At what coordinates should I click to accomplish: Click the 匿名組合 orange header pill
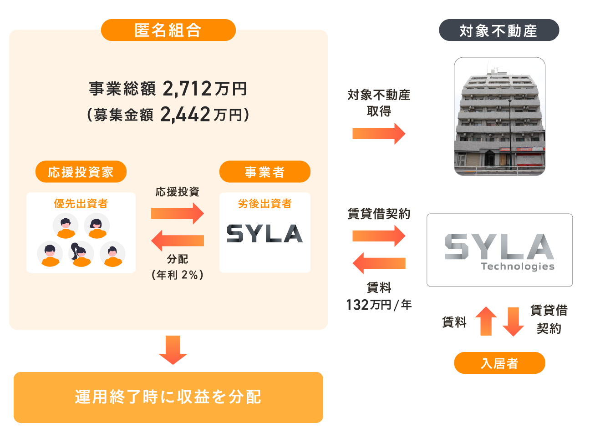tap(168, 30)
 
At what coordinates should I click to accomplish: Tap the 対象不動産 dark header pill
tap(498, 30)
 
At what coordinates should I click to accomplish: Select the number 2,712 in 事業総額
tap(187, 89)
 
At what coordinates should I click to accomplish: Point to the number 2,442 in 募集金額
tap(185, 115)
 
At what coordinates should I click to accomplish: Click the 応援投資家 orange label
tap(81, 172)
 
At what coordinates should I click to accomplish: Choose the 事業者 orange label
tap(264, 172)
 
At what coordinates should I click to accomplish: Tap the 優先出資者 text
tap(81, 203)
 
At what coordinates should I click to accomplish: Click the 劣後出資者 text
tap(264, 203)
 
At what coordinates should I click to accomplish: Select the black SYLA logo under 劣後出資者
tap(264, 233)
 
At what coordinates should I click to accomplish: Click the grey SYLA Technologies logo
tap(499, 251)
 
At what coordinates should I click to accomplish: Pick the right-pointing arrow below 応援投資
tap(177, 213)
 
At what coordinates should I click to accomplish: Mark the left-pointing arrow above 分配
tap(177, 241)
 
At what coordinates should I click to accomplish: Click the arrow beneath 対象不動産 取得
tap(379, 134)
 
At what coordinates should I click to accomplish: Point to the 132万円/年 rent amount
tap(379, 304)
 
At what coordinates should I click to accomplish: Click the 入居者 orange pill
tap(499, 363)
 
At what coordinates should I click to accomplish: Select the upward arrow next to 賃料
tap(486, 321)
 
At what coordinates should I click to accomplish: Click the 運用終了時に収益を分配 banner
tap(168, 397)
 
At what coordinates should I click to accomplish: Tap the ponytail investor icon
tap(81, 254)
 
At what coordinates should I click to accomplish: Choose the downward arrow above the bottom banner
tap(173, 350)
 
